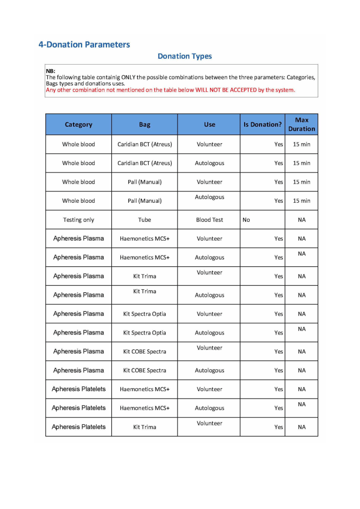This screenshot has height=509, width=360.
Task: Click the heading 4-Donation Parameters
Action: (84, 45)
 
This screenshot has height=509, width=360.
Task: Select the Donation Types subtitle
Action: (184, 56)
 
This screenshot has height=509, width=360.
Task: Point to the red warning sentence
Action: (171, 90)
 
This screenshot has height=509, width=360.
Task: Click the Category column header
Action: (79, 125)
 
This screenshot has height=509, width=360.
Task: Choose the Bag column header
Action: (145, 125)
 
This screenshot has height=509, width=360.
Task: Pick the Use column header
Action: (209, 125)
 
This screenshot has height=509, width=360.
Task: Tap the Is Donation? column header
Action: (262, 125)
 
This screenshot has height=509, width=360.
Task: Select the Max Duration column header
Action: (301, 124)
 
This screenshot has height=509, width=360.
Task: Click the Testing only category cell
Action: (79, 220)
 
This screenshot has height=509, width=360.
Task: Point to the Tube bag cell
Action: (145, 220)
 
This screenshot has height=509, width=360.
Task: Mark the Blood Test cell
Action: (209, 220)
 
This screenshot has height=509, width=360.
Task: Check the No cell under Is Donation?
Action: (246, 220)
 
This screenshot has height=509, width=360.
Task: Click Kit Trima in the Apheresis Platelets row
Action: (145, 427)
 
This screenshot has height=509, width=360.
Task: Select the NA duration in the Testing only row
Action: (301, 220)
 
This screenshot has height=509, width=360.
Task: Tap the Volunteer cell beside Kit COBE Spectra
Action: (209, 348)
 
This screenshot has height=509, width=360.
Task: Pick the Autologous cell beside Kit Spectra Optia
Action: (209, 333)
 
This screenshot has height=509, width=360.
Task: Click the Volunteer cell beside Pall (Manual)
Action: (209, 182)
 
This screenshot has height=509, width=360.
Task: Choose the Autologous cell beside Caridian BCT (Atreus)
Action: (209, 163)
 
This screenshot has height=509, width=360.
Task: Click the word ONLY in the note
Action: (129, 78)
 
